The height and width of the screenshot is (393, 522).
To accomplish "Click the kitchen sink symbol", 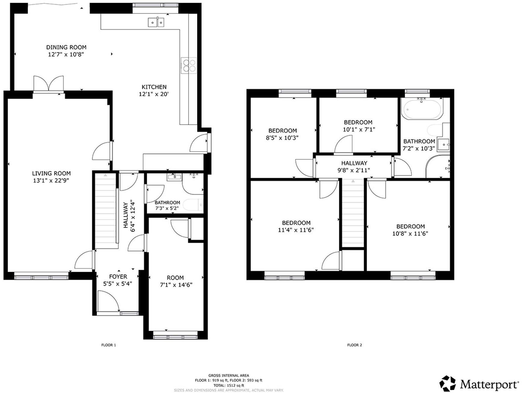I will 156,22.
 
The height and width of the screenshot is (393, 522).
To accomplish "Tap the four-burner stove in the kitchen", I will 189,65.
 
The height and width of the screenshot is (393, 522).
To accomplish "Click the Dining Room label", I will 66,47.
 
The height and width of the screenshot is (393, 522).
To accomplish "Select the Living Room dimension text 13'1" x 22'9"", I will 51,180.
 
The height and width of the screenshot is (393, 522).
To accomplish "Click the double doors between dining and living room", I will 49,83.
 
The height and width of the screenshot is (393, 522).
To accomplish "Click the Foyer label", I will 118,276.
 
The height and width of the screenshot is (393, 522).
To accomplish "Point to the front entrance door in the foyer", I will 108,301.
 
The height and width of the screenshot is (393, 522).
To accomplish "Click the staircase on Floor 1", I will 106,211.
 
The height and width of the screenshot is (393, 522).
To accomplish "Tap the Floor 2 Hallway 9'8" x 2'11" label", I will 354,167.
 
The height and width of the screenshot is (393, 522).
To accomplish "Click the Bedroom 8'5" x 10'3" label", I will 283,134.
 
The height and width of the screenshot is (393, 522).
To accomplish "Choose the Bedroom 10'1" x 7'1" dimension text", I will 359,129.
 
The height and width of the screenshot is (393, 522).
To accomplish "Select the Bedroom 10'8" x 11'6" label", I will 410,230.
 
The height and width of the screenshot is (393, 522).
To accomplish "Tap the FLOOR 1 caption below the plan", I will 109,345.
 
